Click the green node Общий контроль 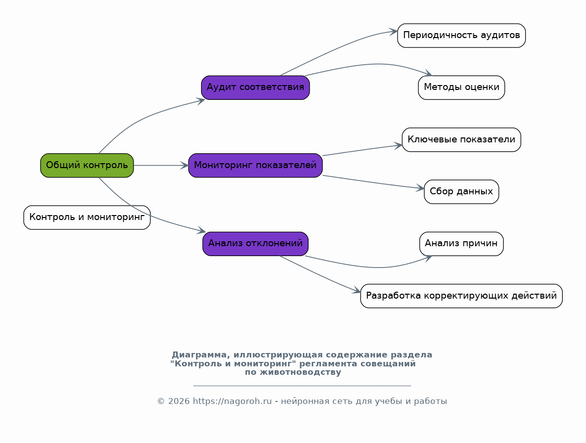click(x=87, y=165)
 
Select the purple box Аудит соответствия click(x=255, y=88)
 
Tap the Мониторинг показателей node click(x=255, y=165)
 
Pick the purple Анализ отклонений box click(x=255, y=244)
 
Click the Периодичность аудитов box click(x=461, y=36)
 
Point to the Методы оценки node click(x=461, y=88)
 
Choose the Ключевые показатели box click(x=461, y=140)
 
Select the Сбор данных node click(x=461, y=192)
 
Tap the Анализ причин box click(x=461, y=244)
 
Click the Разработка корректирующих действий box click(x=461, y=296)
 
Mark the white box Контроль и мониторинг click(x=87, y=218)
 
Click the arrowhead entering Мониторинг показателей click(x=184, y=165)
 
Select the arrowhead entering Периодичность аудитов click(x=394, y=32)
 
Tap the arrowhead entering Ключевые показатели click(x=399, y=145)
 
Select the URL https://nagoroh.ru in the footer click(x=232, y=401)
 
